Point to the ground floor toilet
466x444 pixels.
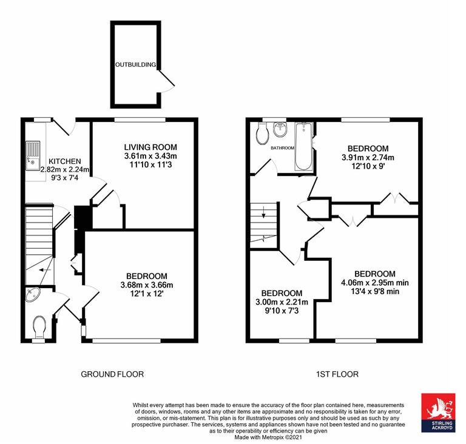click(39, 328)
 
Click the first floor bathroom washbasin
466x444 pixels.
click(281, 130)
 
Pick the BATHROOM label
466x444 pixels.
click(282, 148)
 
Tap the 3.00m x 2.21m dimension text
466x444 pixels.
click(282, 302)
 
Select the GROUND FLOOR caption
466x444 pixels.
click(112, 374)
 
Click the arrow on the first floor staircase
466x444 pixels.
click(263, 213)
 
